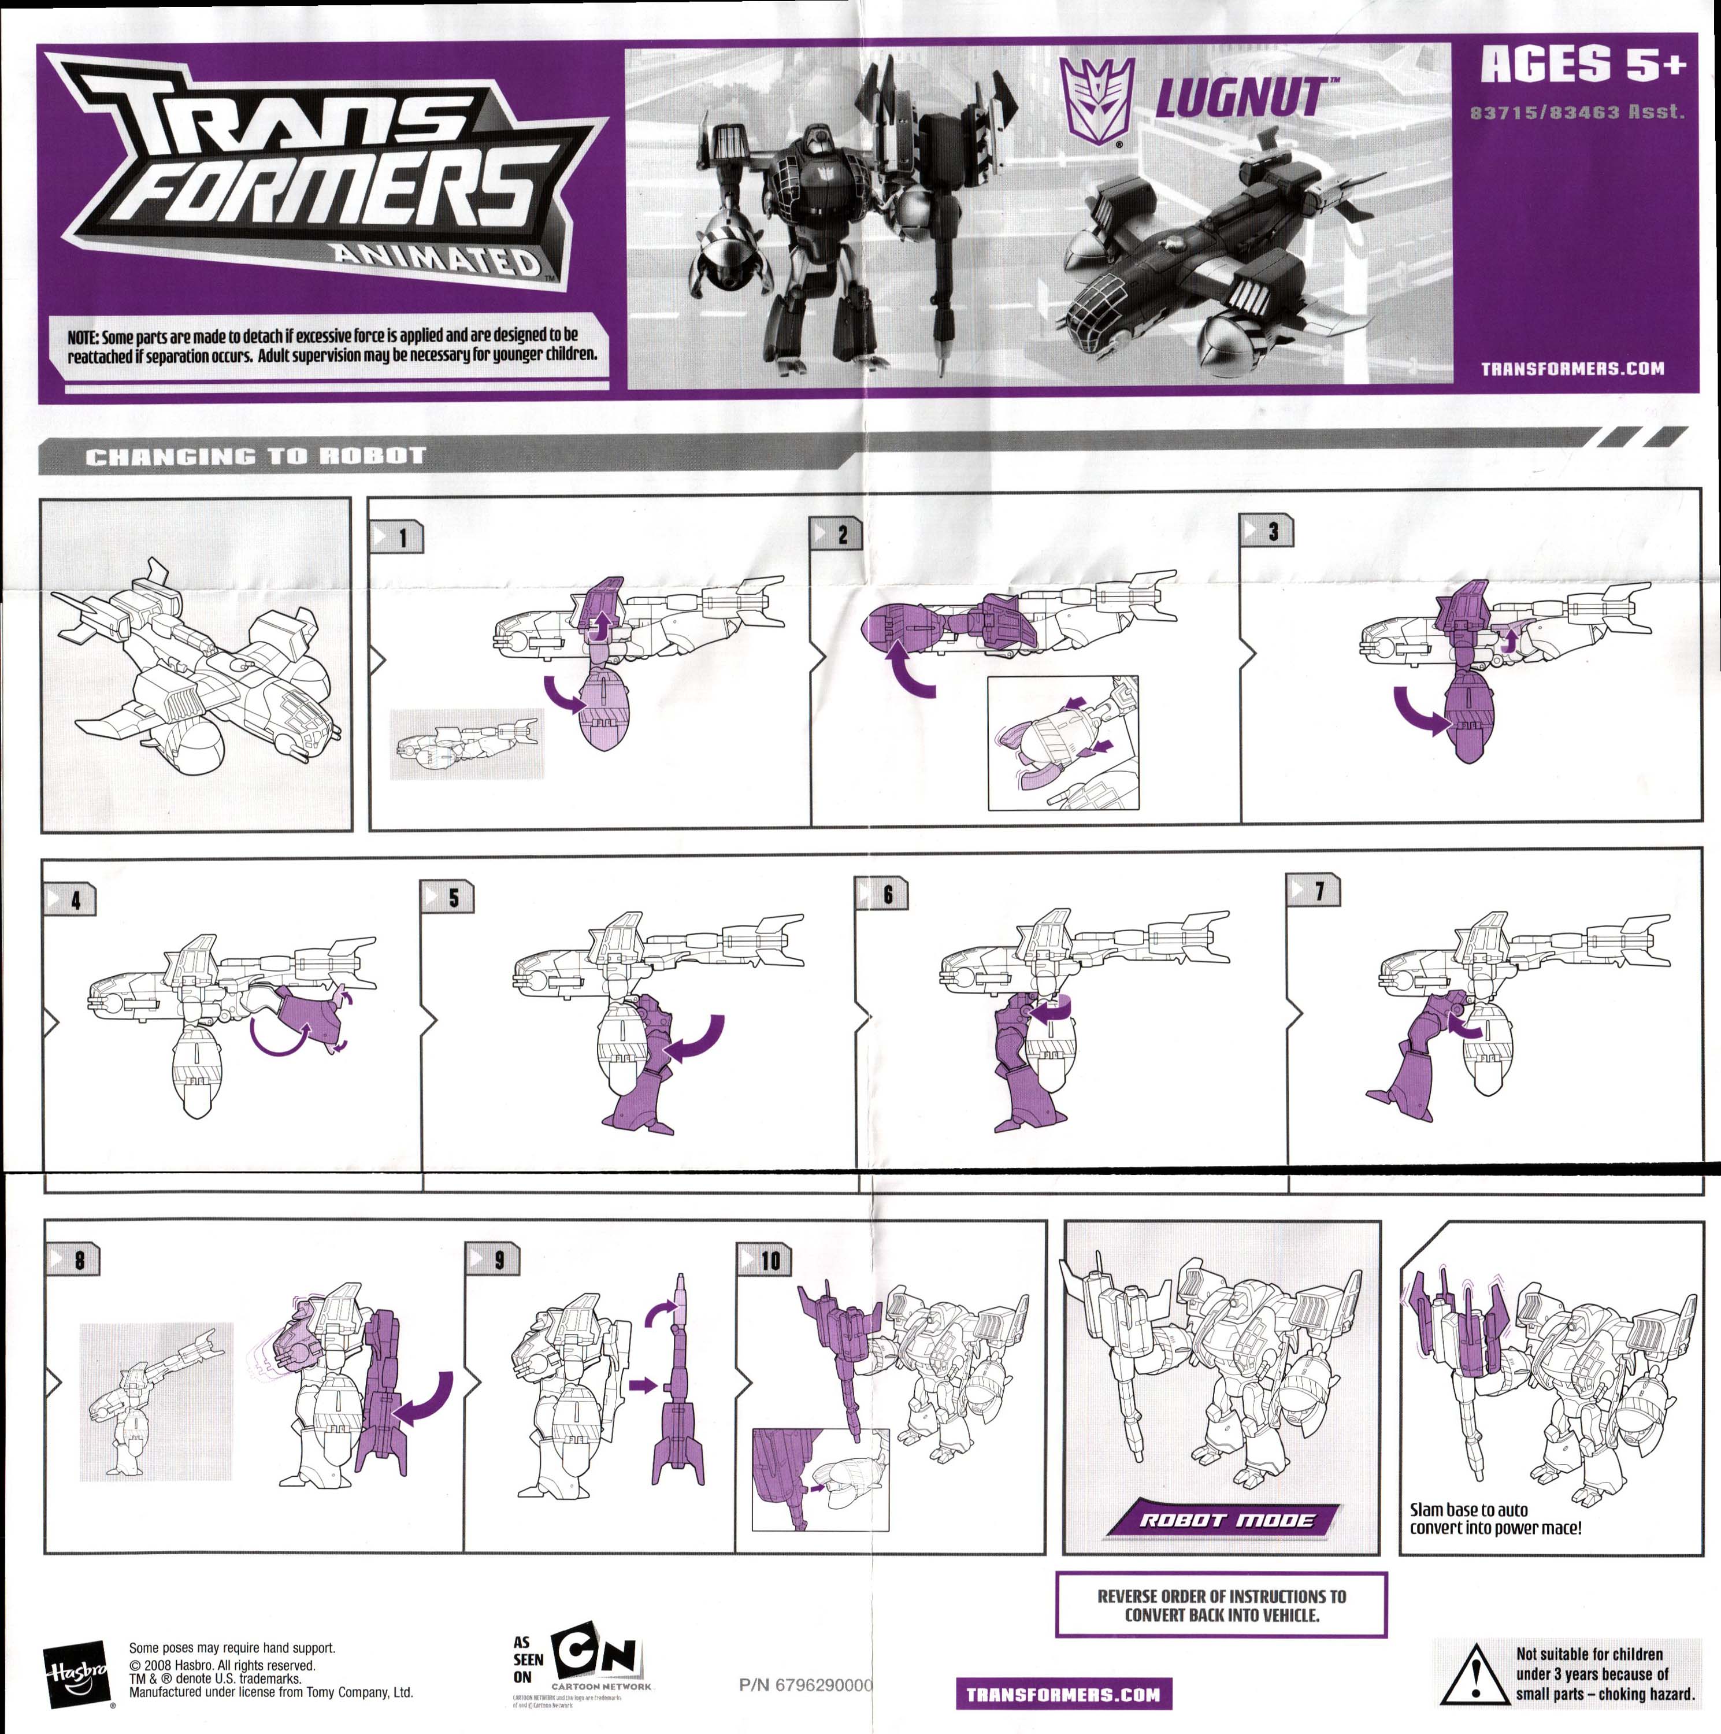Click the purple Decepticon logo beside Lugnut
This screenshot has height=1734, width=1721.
(1096, 101)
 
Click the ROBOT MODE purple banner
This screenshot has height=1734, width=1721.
(1225, 1520)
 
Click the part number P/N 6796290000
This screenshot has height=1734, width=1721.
(805, 1685)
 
